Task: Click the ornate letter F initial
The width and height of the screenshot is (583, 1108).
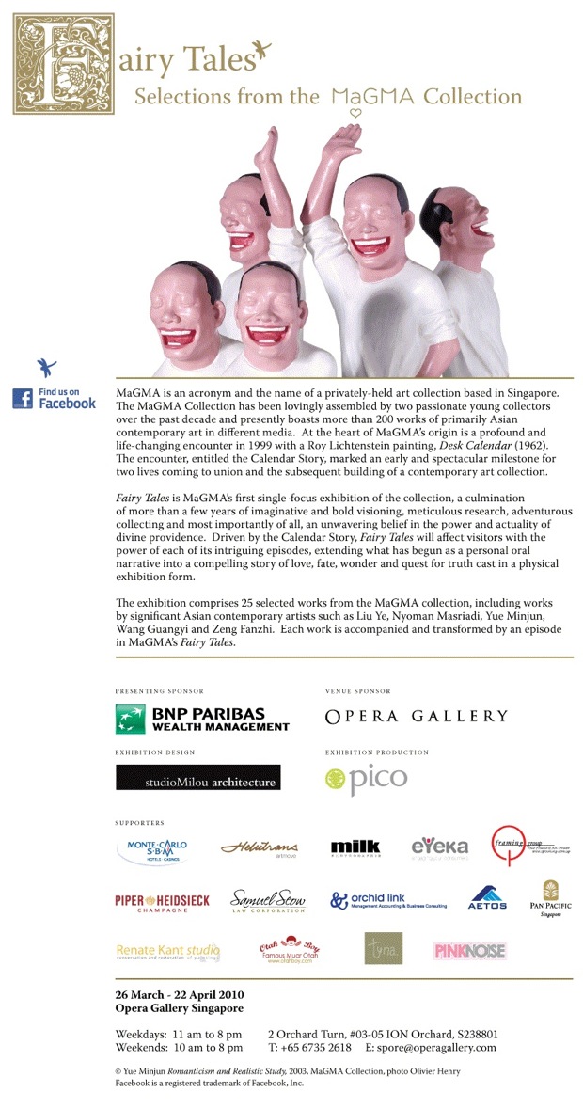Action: coord(62,64)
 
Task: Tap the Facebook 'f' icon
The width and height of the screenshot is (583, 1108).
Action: coord(23,398)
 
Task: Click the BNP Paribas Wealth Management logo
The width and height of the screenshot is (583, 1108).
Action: coord(202,719)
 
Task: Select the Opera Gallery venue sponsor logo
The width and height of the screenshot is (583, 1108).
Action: coord(416,717)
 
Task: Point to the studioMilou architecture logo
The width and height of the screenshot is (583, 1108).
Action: coord(197,777)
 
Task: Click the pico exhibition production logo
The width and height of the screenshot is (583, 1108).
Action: coord(366,779)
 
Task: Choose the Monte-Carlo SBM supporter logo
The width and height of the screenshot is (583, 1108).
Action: coord(157,849)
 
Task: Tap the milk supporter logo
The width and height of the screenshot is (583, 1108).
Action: coord(355,847)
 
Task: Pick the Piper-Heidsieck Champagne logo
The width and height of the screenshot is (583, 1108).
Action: coord(162,902)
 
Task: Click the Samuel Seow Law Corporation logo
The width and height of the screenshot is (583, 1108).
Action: coord(268,901)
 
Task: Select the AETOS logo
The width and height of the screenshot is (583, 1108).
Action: coord(487,897)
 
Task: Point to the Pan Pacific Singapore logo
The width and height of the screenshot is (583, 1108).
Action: coord(550,898)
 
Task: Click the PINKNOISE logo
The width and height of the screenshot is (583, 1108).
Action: coord(469,950)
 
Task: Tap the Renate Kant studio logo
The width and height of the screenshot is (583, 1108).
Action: coord(167,951)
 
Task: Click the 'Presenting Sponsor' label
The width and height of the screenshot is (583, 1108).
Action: coord(159,691)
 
